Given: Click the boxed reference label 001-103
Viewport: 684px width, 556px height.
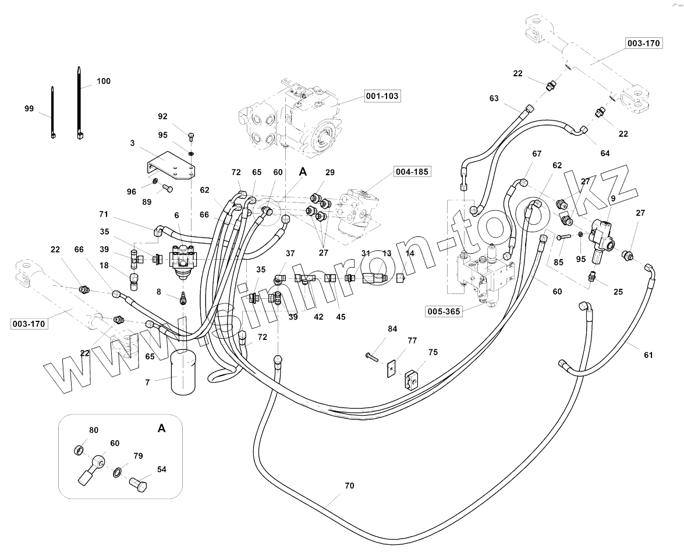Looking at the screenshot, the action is click(x=382, y=96).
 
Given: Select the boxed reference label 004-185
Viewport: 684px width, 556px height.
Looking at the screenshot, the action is click(x=412, y=172).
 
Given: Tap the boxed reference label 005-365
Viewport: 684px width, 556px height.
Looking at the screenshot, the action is click(x=444, y=311).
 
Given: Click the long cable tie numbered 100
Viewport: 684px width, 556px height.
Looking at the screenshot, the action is click(x=80, y=102).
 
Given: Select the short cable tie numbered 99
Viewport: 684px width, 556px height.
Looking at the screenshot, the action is click(x=53, y=112).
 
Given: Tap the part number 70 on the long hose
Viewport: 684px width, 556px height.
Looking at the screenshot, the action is click(x=349, y=486).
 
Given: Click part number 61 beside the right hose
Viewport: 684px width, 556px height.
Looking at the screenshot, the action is click(x=648, y=355).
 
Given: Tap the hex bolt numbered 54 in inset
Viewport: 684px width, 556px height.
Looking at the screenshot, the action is click(x=139, y=484).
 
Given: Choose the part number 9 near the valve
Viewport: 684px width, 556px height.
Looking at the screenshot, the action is click(x=613, y=198).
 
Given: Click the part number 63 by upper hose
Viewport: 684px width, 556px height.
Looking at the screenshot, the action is click(x=494, y=98).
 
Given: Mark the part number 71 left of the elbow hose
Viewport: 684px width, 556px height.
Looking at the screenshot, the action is click(x=104, y=214).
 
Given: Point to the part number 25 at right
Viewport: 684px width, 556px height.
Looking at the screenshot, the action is click(x=618, y=292).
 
